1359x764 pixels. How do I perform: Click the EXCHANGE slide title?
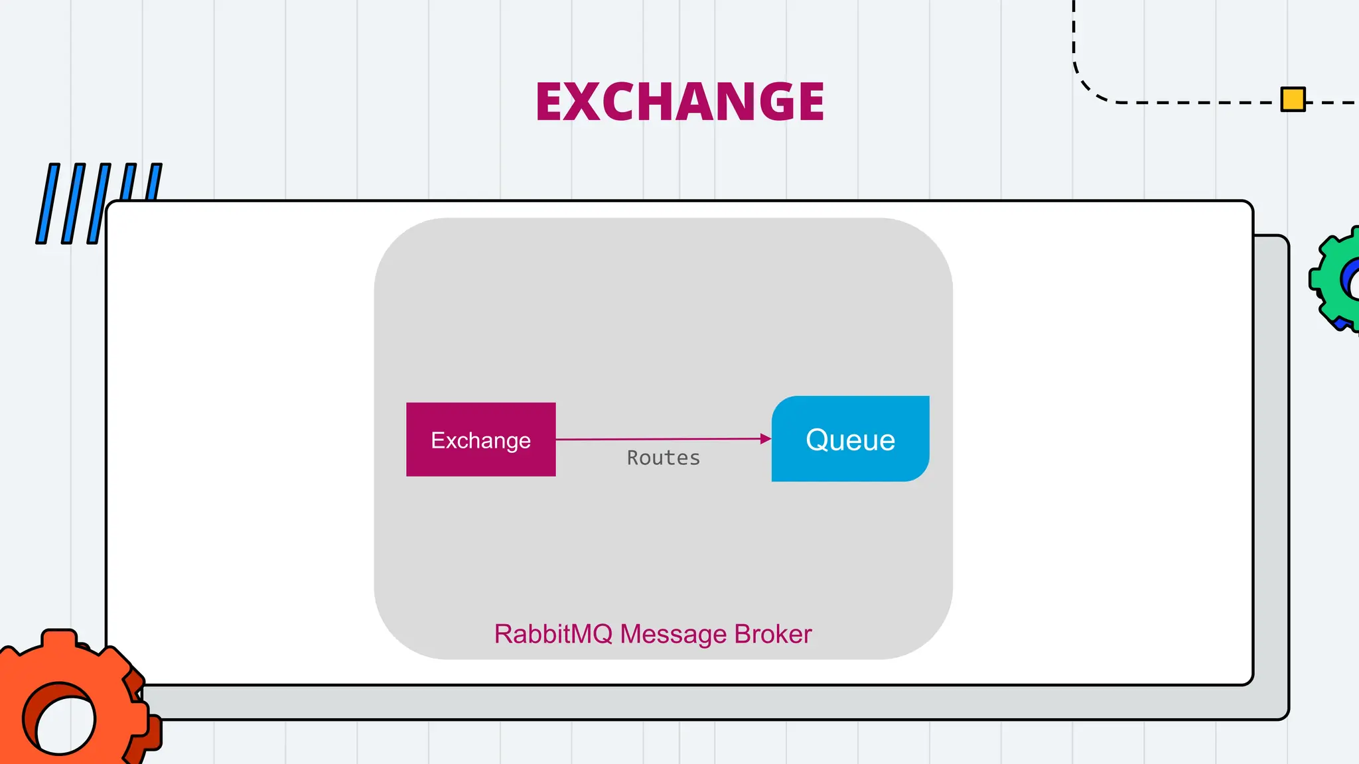tap(679, 101)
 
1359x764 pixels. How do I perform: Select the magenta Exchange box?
tap(480, 439)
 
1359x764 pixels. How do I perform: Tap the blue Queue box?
tap(850, 439)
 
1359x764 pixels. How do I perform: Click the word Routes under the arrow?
tap(664, 458)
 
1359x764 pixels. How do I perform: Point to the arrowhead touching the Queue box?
tap(766, 438)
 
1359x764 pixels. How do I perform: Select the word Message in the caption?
tap(673, 634)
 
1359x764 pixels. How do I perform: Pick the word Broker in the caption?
tap(772, 634)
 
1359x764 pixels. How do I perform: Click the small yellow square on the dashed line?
tap(1293, 99)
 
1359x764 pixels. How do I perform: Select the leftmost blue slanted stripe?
tap(47, 204)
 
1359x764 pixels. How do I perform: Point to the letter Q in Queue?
tap(818, 440)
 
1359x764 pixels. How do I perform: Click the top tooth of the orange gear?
tap(59, 638)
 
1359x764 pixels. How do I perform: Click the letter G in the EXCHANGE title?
tap(766, 101)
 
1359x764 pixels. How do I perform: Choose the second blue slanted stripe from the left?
tap(73, 204)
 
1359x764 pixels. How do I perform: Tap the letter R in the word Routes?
tap(633, 458)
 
